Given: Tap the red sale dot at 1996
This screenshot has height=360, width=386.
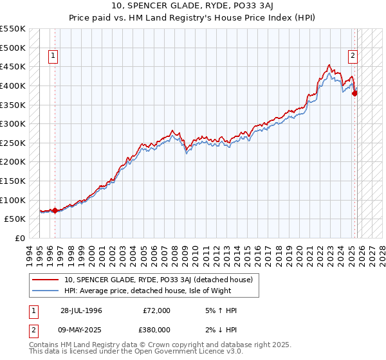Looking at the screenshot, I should click(x=55, y=210).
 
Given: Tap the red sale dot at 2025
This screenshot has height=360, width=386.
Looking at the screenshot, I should click(x=354, y=93).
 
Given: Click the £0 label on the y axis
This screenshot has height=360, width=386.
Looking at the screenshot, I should click(x=21, y=238).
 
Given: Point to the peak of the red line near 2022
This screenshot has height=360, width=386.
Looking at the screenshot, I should click(x=329, y=65).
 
